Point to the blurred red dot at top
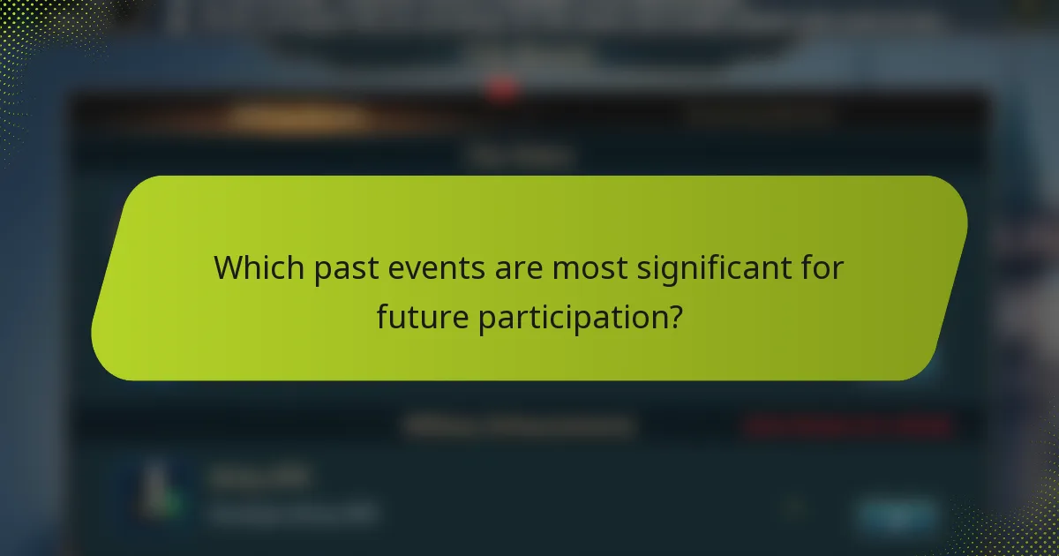(502, 88)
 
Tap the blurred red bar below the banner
(847, 427)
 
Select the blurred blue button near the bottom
(897, 515)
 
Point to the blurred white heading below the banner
(521, 427)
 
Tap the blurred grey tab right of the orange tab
(759, 115)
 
